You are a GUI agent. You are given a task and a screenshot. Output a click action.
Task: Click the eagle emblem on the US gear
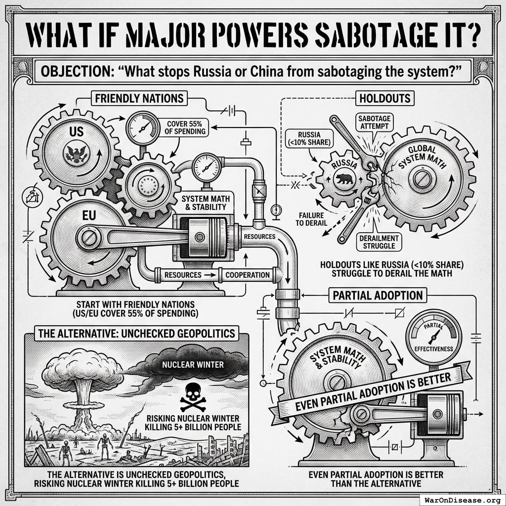click(75, 153)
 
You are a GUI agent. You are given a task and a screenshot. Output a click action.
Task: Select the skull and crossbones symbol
click(193, 398)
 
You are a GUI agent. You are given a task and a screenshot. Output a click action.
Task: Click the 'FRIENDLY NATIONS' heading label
click(140, 98)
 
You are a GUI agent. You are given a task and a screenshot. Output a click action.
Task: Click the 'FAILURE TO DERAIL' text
click(313, 218)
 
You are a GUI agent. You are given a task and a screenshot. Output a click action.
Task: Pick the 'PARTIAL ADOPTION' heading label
click(378, 296)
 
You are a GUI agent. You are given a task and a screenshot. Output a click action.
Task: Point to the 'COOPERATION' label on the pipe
click(247, 274)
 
